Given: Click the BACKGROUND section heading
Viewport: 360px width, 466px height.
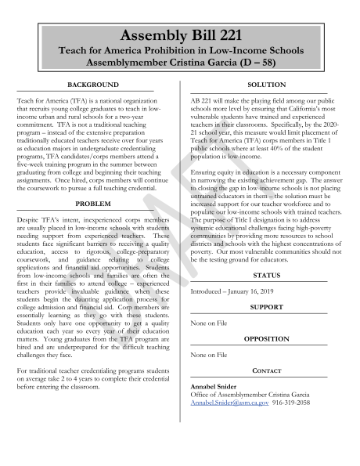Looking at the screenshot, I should click(93, 85).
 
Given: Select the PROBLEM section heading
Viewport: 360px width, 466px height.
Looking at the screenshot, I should click(93, 202).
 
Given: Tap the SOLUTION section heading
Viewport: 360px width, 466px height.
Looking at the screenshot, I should click(266, 85).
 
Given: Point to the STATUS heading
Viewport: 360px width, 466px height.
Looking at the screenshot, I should click(266, 276).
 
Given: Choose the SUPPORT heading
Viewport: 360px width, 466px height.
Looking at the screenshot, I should click(266, 307).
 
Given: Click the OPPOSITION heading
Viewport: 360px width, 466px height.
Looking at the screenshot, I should click(266, 339).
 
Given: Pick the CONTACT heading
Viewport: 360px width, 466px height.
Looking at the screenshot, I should click(266, 370).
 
